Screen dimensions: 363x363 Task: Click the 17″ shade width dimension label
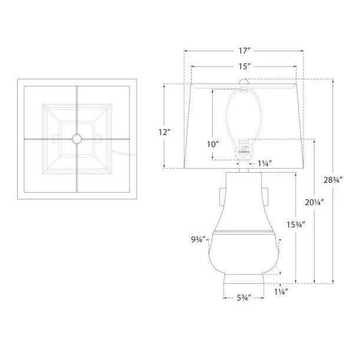(x=245, y=51)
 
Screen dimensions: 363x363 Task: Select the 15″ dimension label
(x=245, y=67)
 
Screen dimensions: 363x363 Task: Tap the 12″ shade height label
(x=164, y=133)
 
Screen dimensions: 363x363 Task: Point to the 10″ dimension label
(x=213, y=144)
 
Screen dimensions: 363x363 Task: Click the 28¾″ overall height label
(x=333, y=180)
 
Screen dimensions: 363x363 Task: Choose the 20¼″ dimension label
(x=314, y=202)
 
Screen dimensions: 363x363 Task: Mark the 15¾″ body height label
(x=296, y=225)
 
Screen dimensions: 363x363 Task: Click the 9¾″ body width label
(x=199, y=239)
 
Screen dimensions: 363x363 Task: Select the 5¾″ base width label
(x=244, y=298)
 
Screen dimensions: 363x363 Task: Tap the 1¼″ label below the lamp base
(x=281, y=292)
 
